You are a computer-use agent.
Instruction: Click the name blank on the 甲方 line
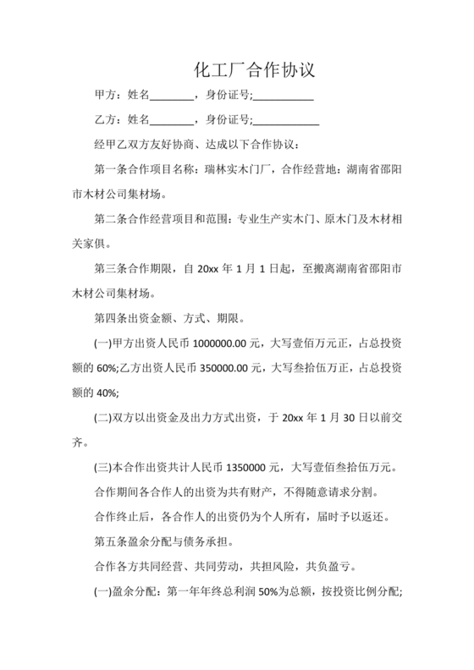[172, 96]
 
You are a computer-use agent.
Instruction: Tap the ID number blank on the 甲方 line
[284, 96]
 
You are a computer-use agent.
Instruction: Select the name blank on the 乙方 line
[172, 119]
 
